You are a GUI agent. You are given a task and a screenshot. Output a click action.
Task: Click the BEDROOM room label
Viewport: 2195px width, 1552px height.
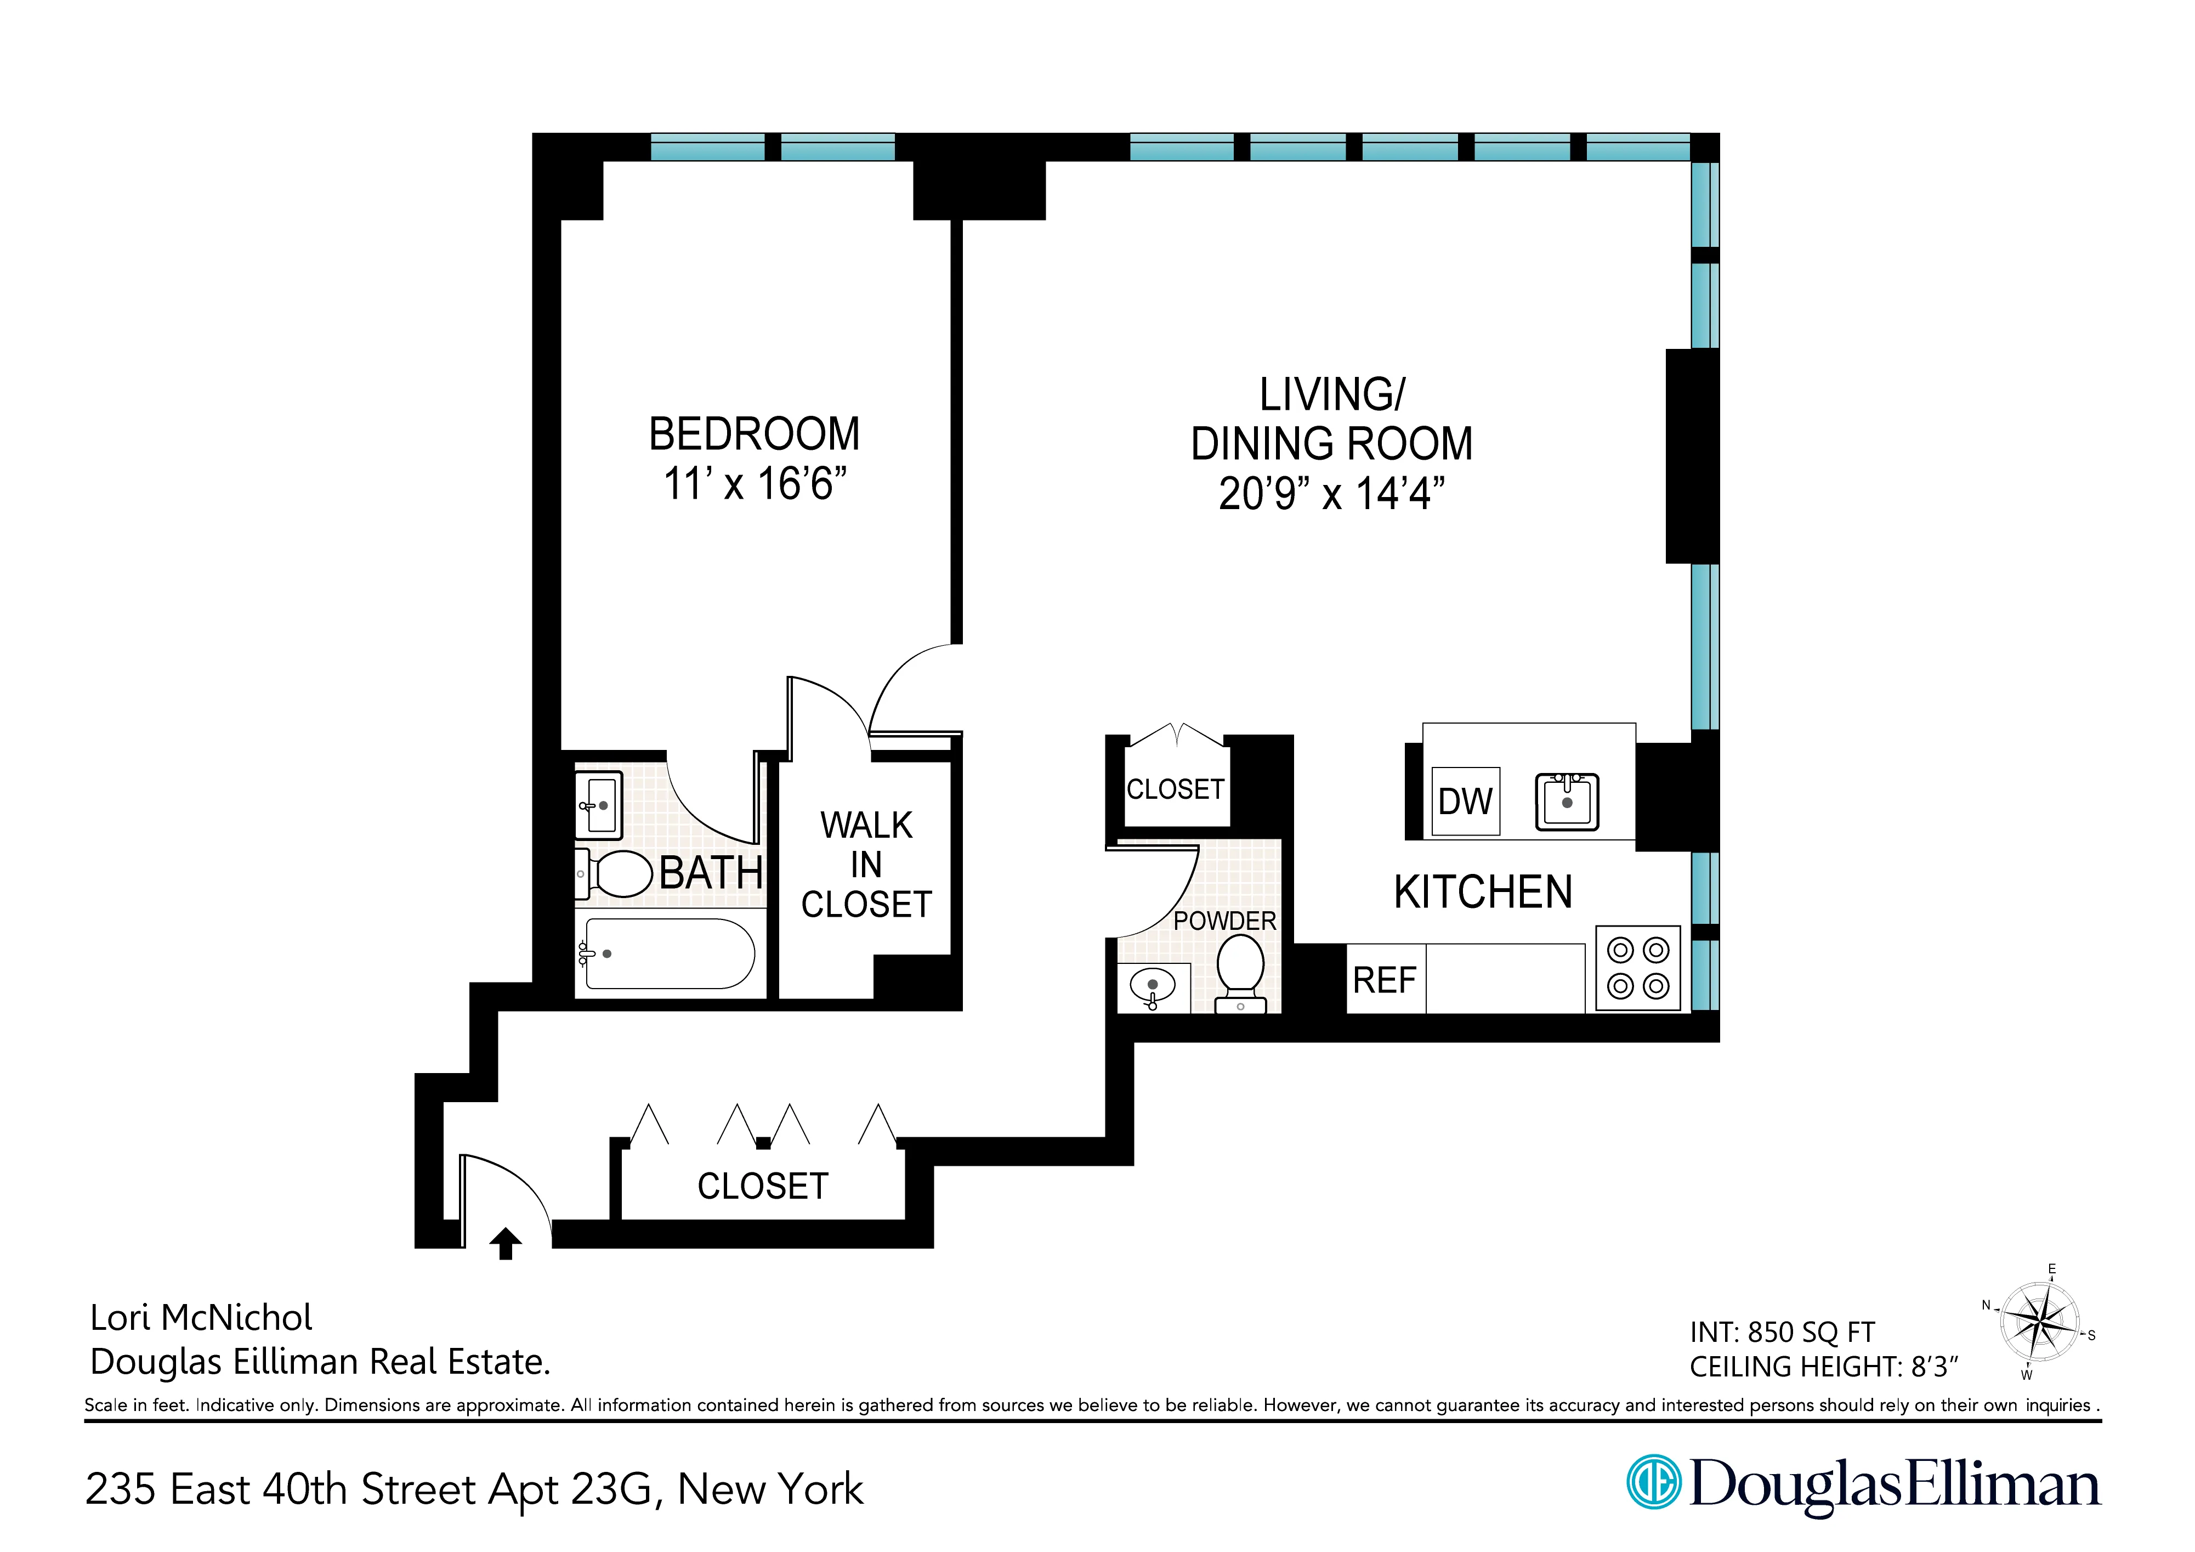click(x=755, y=434)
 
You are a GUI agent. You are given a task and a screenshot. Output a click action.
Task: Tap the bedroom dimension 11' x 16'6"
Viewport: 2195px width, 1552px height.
click(x=755, y=484)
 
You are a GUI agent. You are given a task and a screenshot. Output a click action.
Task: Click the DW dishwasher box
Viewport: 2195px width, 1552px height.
click(x=1465, y=802)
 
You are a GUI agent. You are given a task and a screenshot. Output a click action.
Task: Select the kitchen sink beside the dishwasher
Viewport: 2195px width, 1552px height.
click(x=1566, y=802)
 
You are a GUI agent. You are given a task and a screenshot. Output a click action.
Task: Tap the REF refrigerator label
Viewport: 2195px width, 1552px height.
click(x=1383, y=980)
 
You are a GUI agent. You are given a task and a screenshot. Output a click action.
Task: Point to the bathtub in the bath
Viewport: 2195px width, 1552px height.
click(x=669, y=953)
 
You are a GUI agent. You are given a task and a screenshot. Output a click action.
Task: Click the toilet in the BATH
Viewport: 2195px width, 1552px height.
click(x=617, y=873)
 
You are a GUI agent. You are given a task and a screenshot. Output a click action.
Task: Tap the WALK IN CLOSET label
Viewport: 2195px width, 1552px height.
click(x=866, y=865)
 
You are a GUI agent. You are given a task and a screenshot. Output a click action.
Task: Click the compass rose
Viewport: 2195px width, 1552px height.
click(x=2039, y=1323)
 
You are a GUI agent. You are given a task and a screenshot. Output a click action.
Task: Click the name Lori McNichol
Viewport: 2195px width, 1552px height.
click(x=201, y=1318)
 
